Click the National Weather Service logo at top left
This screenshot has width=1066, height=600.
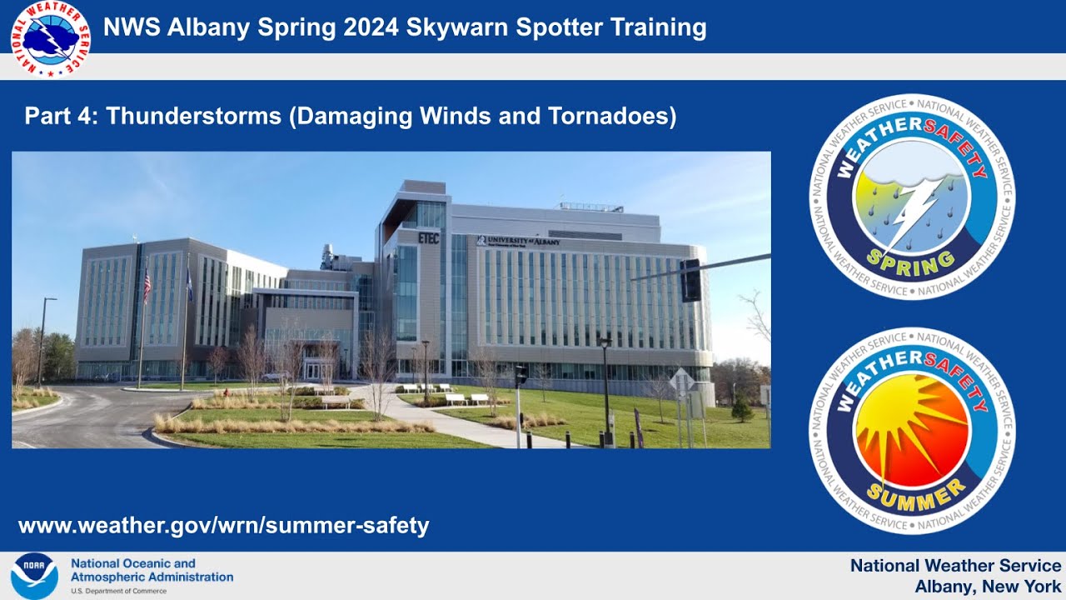(50, 39)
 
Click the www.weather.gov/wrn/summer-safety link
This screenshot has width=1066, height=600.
(223, 526)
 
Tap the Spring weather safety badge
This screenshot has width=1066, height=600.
(912, 197)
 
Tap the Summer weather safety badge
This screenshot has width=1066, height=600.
(912, 430)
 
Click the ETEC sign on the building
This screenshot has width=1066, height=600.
(429, 237)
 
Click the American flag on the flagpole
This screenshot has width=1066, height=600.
(147, 285)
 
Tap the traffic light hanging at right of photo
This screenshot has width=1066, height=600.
(690, 280)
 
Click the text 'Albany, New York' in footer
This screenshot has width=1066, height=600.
(988, 586)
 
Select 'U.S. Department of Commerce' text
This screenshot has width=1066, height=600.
(118, 591)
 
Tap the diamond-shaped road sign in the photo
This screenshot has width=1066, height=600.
(681, 381)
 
